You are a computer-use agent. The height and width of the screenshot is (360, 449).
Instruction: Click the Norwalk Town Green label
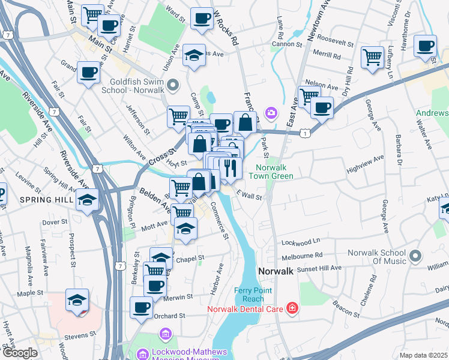pyautogui.click(x=274, y=172)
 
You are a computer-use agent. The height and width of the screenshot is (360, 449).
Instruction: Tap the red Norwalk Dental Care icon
pyautogui.click(x=292, y=308)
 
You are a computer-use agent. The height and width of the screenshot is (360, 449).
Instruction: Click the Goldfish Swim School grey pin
pyautogui.click(x=173, y=85)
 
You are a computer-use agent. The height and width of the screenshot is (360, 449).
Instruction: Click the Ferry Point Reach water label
pyautogui.click(x=249, y=295)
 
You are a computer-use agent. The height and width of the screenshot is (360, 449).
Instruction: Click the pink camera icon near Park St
pyautogui.click(x=271, y=112)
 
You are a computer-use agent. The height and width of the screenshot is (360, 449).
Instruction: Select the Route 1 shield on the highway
pyautogui.click(x=306, y=132)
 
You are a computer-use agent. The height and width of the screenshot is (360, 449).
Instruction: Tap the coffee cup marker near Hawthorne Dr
pyautogui.click(x=426, y=46)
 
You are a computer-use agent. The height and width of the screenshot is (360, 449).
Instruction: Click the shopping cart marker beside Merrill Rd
pyautogui.click(x=372, y=57)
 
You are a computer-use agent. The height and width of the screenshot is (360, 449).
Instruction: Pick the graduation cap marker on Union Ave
pyautogui.click(x=194, y=55)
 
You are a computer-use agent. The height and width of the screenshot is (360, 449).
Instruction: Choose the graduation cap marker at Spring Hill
pyautogui.click(x=88, y=199)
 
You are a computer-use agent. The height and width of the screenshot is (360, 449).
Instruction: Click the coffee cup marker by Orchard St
pyautogui.click(x=142, y=307)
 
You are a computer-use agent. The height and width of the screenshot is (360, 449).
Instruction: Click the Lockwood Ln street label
pyautogui.click(x=301, y=242)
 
